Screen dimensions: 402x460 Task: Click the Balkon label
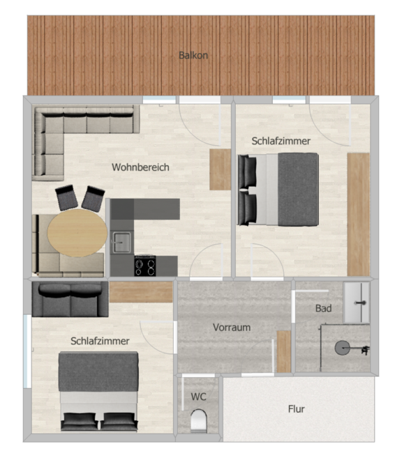pos(193,55)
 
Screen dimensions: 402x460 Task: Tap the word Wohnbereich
pos(140,167)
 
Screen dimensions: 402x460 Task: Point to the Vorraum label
pos(232,328)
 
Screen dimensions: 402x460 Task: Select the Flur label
pos(296,409)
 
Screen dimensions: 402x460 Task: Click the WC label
pos(199,397)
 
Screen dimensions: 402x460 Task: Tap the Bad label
pos(323,308)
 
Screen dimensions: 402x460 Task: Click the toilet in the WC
pos(199,420)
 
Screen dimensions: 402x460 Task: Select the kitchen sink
pos(121,243)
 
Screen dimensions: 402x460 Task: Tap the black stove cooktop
pos(145,266)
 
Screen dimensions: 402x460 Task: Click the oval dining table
pos(77,233)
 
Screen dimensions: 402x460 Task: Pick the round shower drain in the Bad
pos(342,348)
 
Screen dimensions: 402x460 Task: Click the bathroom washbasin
pos(357,302)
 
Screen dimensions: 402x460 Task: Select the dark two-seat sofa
pos(70,299)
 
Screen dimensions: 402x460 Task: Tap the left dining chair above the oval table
pos(66,197)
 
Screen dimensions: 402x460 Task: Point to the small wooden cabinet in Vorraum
pos(284,351)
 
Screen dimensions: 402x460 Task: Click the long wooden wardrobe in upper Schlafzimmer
pos(358,214)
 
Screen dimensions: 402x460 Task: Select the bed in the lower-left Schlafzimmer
pos(98,392)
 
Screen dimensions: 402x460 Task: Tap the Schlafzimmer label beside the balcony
pos(281,141)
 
